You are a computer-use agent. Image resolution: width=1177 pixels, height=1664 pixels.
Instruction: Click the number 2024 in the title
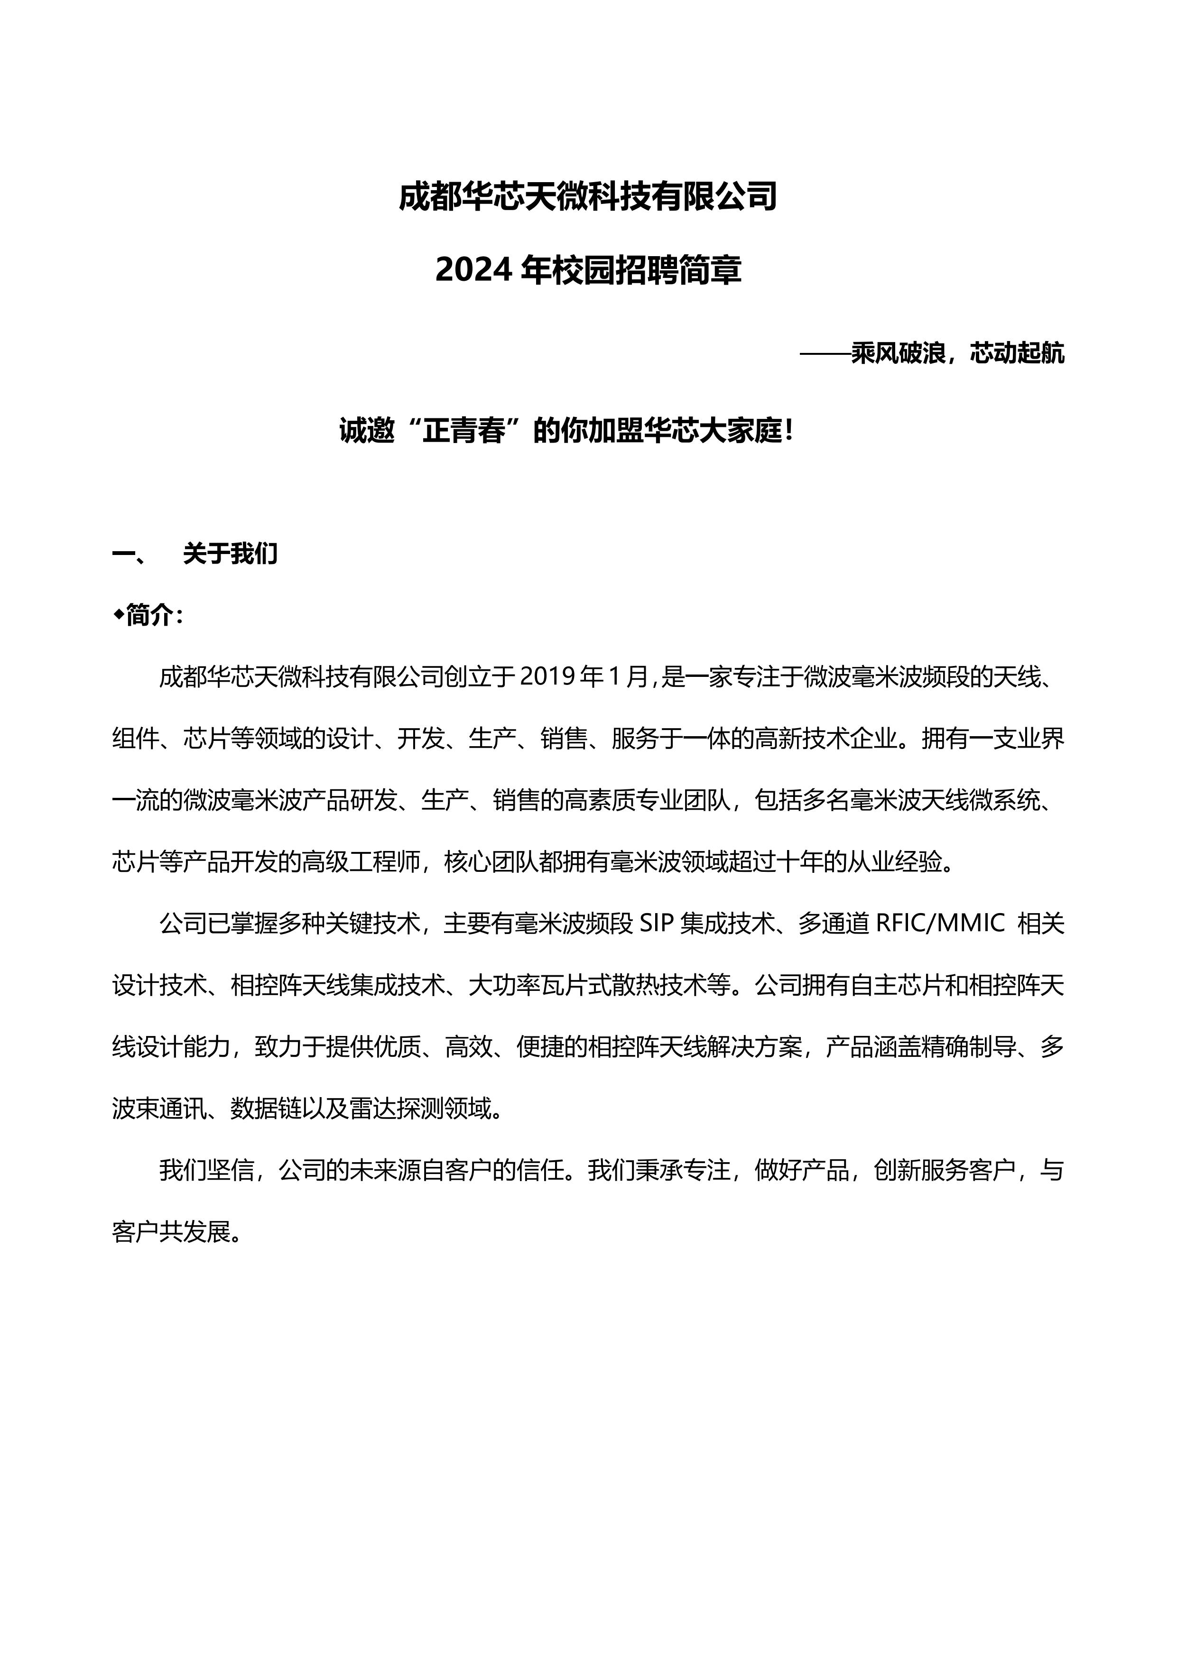click(x=475, y=270)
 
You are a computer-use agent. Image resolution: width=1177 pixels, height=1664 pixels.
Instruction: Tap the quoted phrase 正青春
click(x=464, y=432)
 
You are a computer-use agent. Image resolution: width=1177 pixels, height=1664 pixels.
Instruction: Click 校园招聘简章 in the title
click(x=647, y=270)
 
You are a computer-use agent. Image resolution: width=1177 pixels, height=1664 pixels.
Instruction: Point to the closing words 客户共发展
click(x=172, y=1232)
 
